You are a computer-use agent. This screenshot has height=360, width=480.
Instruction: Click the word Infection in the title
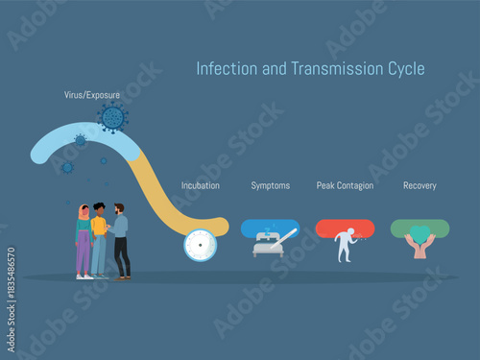click(x=220, y=69)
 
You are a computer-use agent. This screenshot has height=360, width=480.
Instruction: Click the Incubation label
click(x=201, y=185)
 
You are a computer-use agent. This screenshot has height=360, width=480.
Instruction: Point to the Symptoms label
click(x=270, y=185)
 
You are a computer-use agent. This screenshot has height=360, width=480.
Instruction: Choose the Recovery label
click(x=420, y=185)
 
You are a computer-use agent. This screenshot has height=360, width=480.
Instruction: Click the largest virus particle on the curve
click(x=113, y=118)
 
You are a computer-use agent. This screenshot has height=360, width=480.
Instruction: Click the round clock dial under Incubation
click(x=200, y=245)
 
